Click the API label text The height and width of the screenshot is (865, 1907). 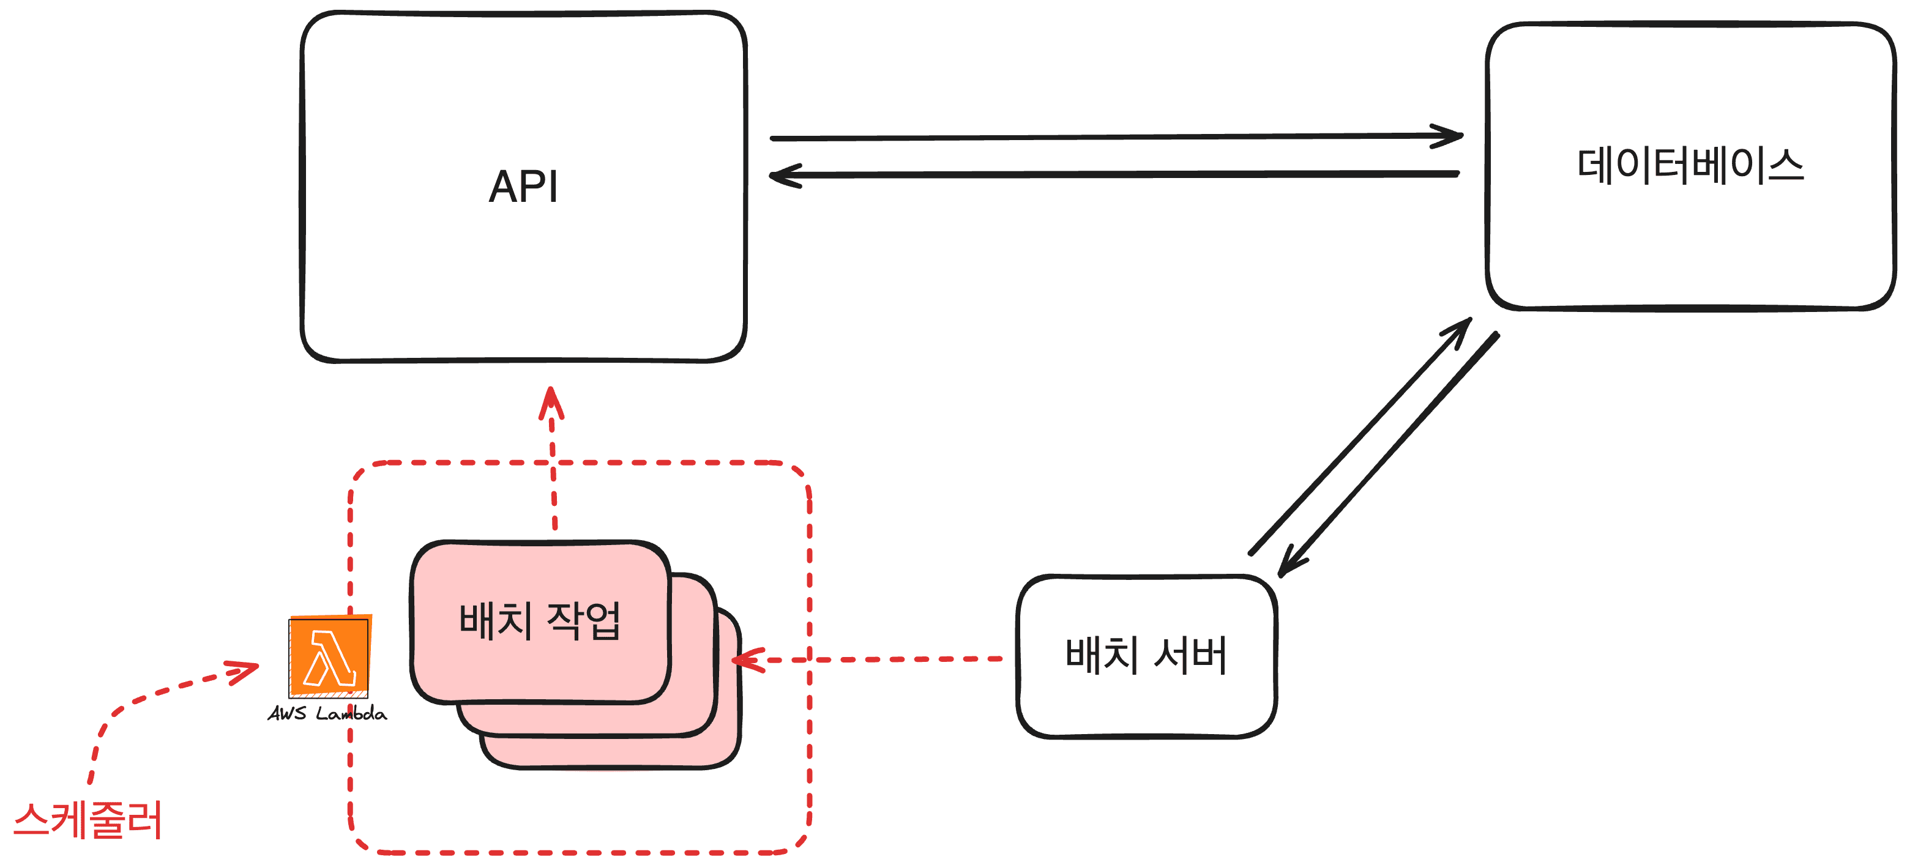pos(523,187)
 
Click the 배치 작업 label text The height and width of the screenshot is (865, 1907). pos(539,620)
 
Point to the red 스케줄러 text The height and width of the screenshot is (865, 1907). pos(88,820)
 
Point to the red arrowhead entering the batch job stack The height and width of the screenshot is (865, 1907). pos(746,659)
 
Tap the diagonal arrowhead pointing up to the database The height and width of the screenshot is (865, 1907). pos(1460,329)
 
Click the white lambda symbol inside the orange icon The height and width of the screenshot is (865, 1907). pos(330,658)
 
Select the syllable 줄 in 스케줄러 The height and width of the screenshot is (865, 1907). pos(109,820)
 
